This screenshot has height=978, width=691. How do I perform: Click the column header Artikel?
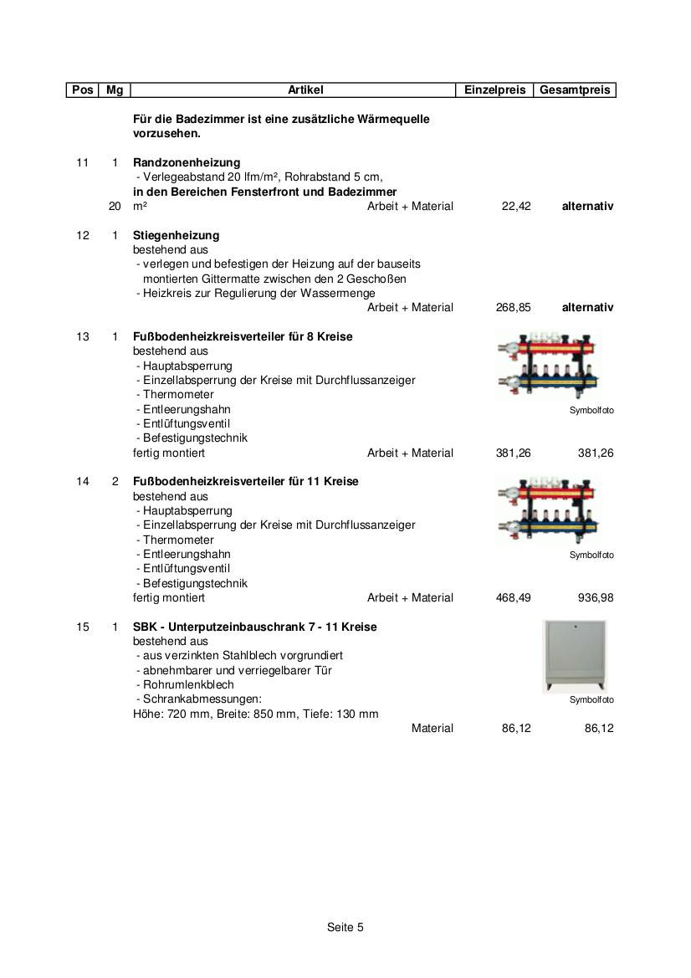coord(305,90)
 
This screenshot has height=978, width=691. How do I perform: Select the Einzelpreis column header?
coord(494,90)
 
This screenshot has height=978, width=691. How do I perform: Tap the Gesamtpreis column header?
coord(575,90)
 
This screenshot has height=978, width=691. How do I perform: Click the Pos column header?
coord(82,90)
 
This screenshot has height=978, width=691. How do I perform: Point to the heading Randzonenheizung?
coord(187,162)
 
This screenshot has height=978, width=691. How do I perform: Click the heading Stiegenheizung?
coord(176,235)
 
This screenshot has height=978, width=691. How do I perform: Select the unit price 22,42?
coord(516,206)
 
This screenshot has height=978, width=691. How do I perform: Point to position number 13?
coord(82,336)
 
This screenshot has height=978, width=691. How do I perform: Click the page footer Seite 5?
coord(345,927)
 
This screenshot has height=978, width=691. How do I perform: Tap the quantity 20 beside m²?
coord(115,206)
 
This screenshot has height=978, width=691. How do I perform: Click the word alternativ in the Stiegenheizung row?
coord(587,307)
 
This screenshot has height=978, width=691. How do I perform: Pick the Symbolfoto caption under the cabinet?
coord(591,700)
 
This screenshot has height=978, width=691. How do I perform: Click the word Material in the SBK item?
coord(432,728)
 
